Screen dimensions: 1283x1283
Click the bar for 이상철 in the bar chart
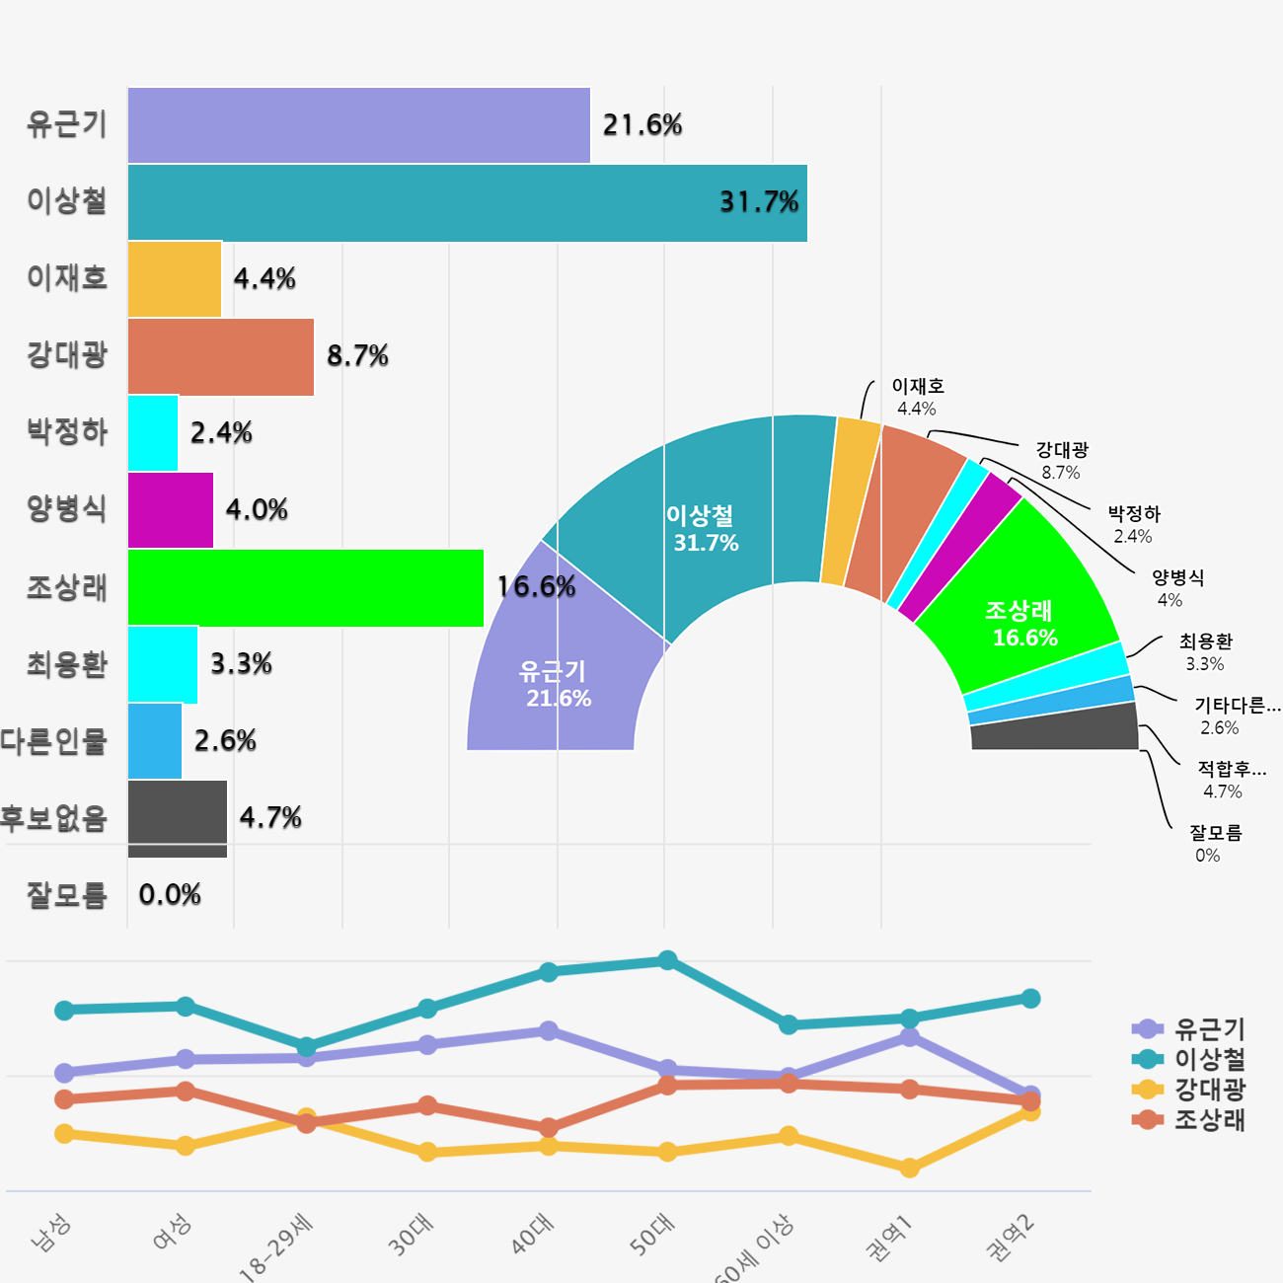pyautogui.click(x=467, y=203)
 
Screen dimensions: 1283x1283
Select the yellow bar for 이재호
pyautogui.click(x=175, y=279)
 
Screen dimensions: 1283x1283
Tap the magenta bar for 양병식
pyautogui.click(x=171, y=510)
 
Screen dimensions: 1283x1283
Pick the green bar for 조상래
pyautogui.click(x=306, y=587)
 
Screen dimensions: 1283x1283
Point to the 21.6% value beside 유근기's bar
pyautogui.click(x=642, y=125)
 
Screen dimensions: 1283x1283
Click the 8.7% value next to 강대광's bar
pyautogui.click(x=357, y=356)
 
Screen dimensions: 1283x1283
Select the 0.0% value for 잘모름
pyautogui.click(x=170, y=895)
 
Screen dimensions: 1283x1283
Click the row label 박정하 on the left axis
pyautogui.click(x=67, y=432)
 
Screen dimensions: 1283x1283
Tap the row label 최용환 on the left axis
pyautogui.click(x=67, y=664)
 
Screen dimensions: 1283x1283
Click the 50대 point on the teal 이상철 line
pyautogui.click(x=667, y=960)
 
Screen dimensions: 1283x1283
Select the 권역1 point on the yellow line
pyautogui.click(x=910, y=1168)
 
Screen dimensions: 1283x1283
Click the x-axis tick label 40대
pyautogui.click(x=534, y=1235)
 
